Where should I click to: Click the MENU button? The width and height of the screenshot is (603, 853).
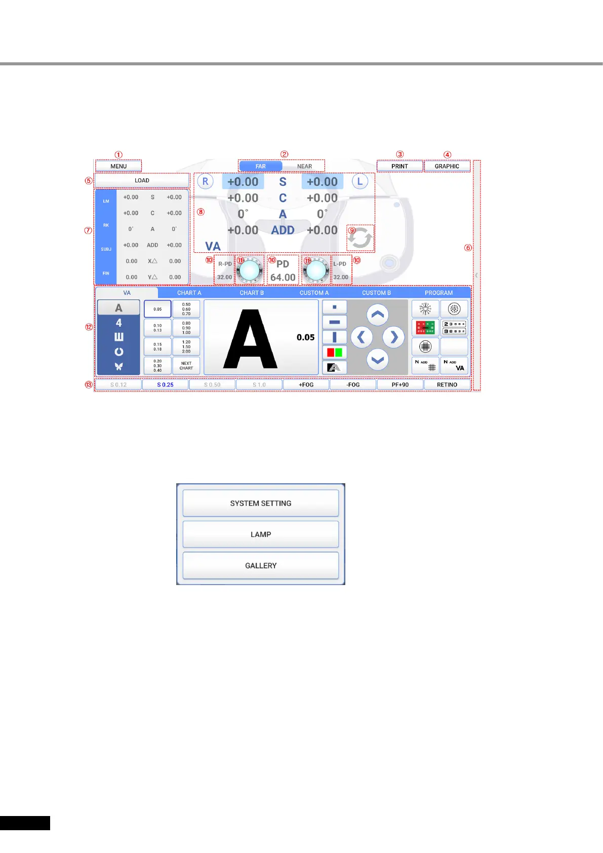[118, 166]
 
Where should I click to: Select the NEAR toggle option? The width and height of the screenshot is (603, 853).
[304, 166]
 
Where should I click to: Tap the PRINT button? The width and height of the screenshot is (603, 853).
[399, 166]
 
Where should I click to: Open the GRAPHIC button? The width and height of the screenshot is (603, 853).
[447, 166]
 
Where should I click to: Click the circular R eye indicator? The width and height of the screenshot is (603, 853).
[205, 181]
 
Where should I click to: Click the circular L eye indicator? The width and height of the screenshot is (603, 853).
[360, 181]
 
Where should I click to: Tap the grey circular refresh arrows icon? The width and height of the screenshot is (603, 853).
[360, 238]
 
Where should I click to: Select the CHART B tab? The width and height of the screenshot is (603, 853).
[252, 293]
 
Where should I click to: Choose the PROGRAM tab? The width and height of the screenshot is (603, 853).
[438, 293]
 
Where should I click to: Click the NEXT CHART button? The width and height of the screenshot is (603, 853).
[186, 366]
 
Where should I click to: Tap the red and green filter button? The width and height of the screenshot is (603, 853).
[334, 352]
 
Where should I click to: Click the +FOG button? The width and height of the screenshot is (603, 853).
[306, 385]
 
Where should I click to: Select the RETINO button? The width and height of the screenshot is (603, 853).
[447, 385]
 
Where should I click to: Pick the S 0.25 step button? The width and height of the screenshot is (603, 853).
[165, 385]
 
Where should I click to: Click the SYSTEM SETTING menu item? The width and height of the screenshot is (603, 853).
[261, 503]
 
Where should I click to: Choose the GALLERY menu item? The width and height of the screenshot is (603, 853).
[261, 565]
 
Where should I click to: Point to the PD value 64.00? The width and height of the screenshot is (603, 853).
[283, 277]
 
